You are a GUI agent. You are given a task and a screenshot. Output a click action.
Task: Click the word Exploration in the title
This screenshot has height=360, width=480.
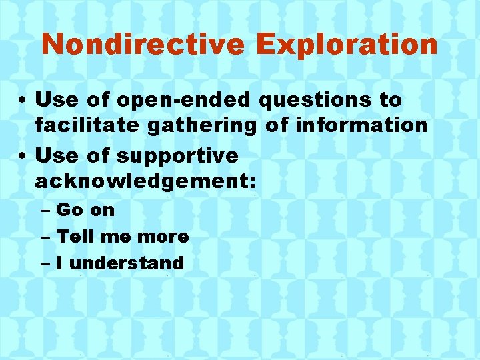(x=347, y=45)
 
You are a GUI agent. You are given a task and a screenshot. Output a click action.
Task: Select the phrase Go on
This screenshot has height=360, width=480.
(x=85, y=210)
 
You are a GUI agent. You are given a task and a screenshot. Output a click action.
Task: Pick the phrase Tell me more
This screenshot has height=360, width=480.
(x=123, y=236)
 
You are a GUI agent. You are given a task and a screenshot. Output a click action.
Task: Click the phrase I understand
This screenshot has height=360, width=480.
(x=120, y=263)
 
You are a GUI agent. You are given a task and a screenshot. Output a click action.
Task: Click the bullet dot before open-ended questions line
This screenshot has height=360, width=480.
(x=23, y=101)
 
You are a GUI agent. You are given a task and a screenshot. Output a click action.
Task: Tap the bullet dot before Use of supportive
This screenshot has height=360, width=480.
(x=23, y=157)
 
